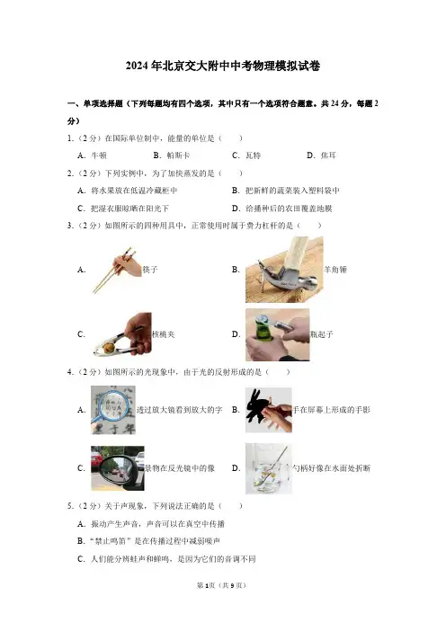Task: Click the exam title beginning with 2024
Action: click(x=223, y=66)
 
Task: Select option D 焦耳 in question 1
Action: click(x=321, y=156)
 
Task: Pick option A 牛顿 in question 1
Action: click(x=93, y=156)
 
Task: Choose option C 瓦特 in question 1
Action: click(x=246, y=156)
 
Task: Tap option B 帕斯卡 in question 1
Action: click(x=172, y=156)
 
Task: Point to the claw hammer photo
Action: click(x=284, y=270)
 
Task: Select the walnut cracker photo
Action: click(x=122, y=334)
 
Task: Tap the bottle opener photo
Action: click(x=277, y=334)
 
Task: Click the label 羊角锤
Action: click(x=335, y=270)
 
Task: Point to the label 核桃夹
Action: click(x=163, y=334)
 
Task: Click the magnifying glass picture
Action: click(x=113, y=410)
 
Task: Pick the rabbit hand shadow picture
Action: click(x=269, y=410)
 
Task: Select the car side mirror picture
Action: click(x=118, y=468)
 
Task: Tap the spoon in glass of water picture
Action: click(x=269, y=468)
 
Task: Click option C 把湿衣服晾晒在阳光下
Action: click(x=123, y=209)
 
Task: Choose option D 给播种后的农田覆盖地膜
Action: click(x=281, y=209)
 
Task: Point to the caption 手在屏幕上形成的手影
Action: click(x=331, y=410)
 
